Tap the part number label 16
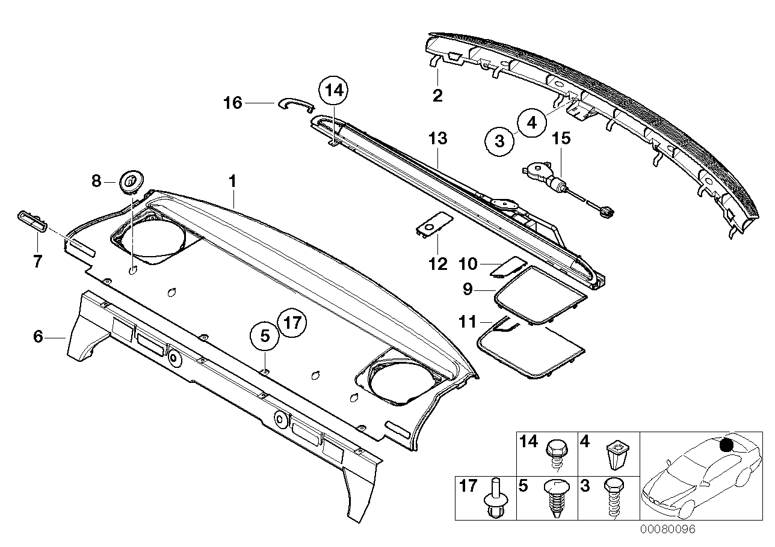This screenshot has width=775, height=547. [x=233, y=103]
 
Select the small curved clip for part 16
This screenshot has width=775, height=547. [x=295, y=103]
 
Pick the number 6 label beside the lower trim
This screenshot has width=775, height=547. [x=38, y=337]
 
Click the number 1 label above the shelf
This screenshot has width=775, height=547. [x=233, y=180]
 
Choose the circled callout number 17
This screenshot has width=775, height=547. [x=292, y=323]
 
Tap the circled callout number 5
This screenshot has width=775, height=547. [x=265, y=337]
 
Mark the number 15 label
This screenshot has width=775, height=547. [x=561, y=139]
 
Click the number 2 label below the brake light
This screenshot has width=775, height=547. [x=437, y=95]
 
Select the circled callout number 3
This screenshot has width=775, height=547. [x=500, y=142]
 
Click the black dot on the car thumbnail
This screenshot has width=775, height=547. [x=726, y=445]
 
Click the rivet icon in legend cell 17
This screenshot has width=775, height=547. [x=493, y=500]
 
